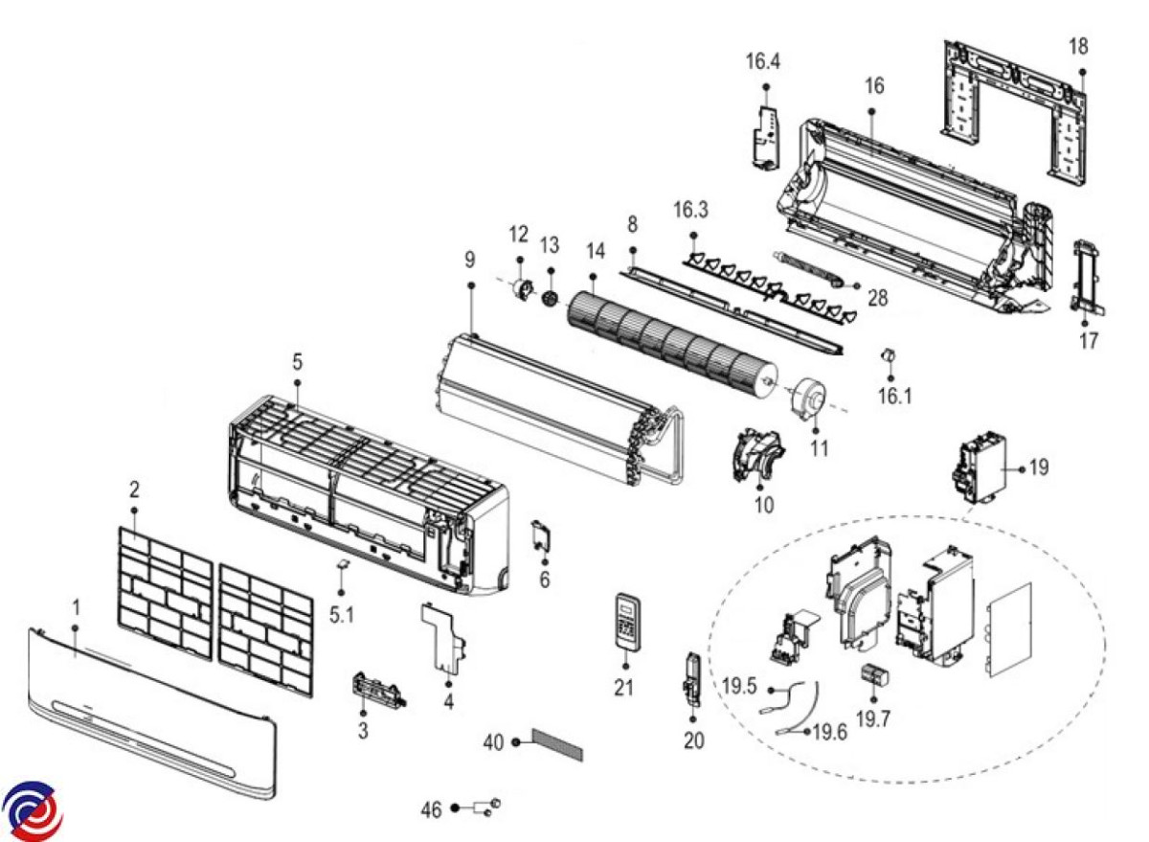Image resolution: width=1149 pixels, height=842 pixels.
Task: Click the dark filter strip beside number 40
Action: (x=557, y=743)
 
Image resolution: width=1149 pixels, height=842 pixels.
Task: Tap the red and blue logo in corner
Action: (x=32, y=810)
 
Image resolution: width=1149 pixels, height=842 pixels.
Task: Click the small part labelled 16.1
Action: (x=887, y=355)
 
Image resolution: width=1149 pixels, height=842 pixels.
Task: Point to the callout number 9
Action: (x=469, y=261)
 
